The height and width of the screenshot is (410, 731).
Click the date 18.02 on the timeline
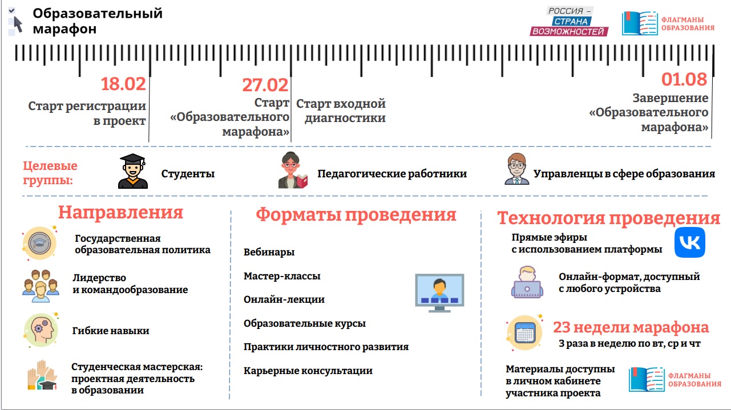[123, 84]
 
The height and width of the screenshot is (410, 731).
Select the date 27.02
[265, 85]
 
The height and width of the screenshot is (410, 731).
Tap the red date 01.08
[684, 79]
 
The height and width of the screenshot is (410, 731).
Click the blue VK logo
[689, 242]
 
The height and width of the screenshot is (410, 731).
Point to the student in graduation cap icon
[133, 171]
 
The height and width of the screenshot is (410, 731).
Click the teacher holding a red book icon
[293, 171]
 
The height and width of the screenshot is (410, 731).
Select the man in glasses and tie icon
[516, 169]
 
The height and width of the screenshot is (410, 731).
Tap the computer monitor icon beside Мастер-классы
[439, 293]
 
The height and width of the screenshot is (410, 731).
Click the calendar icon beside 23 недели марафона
[525, 332]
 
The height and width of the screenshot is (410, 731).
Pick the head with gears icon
[41, 330]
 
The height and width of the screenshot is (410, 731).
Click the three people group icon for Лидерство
[41, 286]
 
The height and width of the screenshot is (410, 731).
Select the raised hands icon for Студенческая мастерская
[42, 375]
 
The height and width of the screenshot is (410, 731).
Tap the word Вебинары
[269, 252]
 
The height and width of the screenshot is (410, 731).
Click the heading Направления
[121, 212]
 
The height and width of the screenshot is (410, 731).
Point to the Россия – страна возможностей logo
[569, 22]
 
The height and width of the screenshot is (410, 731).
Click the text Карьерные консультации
[308, 371]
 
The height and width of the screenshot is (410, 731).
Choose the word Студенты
[188, 174]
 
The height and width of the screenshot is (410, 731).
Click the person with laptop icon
[527, 282]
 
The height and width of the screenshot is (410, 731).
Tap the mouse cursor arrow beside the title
[18, 25]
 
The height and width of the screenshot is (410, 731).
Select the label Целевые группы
[50, 173]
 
